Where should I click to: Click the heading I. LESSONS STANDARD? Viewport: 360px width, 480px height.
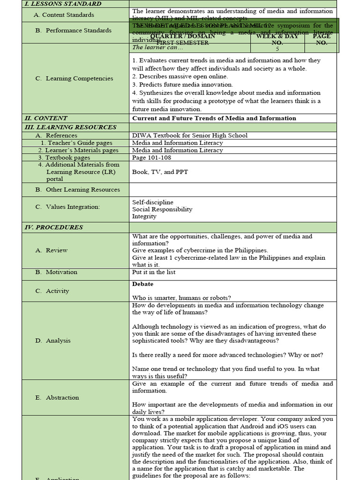[62, 4]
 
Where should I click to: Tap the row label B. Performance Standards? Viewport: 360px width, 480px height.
[74, 30]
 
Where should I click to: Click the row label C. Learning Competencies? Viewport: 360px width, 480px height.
[74, 78]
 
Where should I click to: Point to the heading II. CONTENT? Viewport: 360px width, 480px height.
[45, 118]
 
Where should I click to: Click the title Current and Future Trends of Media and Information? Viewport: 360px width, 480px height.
[214, 118]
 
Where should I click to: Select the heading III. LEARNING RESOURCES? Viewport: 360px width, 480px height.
[70, 127]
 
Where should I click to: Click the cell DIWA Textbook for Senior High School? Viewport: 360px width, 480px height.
[190, 135]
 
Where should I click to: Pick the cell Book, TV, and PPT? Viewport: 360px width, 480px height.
[160, 172]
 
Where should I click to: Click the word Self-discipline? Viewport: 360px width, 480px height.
[153, 202]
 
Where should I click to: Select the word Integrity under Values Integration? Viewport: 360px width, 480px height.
[144, 217]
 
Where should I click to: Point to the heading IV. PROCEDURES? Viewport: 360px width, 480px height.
[53, 227]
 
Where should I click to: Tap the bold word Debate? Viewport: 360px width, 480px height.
[142, 284]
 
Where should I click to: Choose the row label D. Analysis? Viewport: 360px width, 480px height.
[53, 341]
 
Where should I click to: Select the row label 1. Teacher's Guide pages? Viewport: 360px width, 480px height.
[76, 143]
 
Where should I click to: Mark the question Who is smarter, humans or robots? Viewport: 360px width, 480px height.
[181, 298]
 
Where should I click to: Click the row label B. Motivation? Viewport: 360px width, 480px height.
[56, 272]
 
